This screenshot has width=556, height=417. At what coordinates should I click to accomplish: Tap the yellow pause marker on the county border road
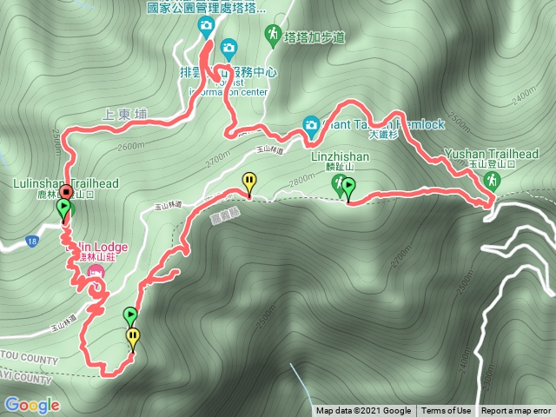pos(249,182)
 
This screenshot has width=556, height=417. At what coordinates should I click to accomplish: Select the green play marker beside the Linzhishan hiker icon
pos(348,185)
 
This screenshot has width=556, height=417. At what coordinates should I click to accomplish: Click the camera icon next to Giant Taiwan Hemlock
pos(311,123)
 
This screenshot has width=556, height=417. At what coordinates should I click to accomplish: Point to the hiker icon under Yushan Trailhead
pos(493,180)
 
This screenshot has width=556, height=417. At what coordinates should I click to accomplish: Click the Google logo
pos(31,405)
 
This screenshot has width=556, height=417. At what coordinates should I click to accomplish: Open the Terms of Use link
pos(447,411)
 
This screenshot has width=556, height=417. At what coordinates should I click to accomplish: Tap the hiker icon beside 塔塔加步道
pos(273,34)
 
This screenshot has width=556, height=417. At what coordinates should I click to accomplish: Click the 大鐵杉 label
pos(382,136)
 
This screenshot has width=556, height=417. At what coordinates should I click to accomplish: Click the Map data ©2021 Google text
pos(363,411)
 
